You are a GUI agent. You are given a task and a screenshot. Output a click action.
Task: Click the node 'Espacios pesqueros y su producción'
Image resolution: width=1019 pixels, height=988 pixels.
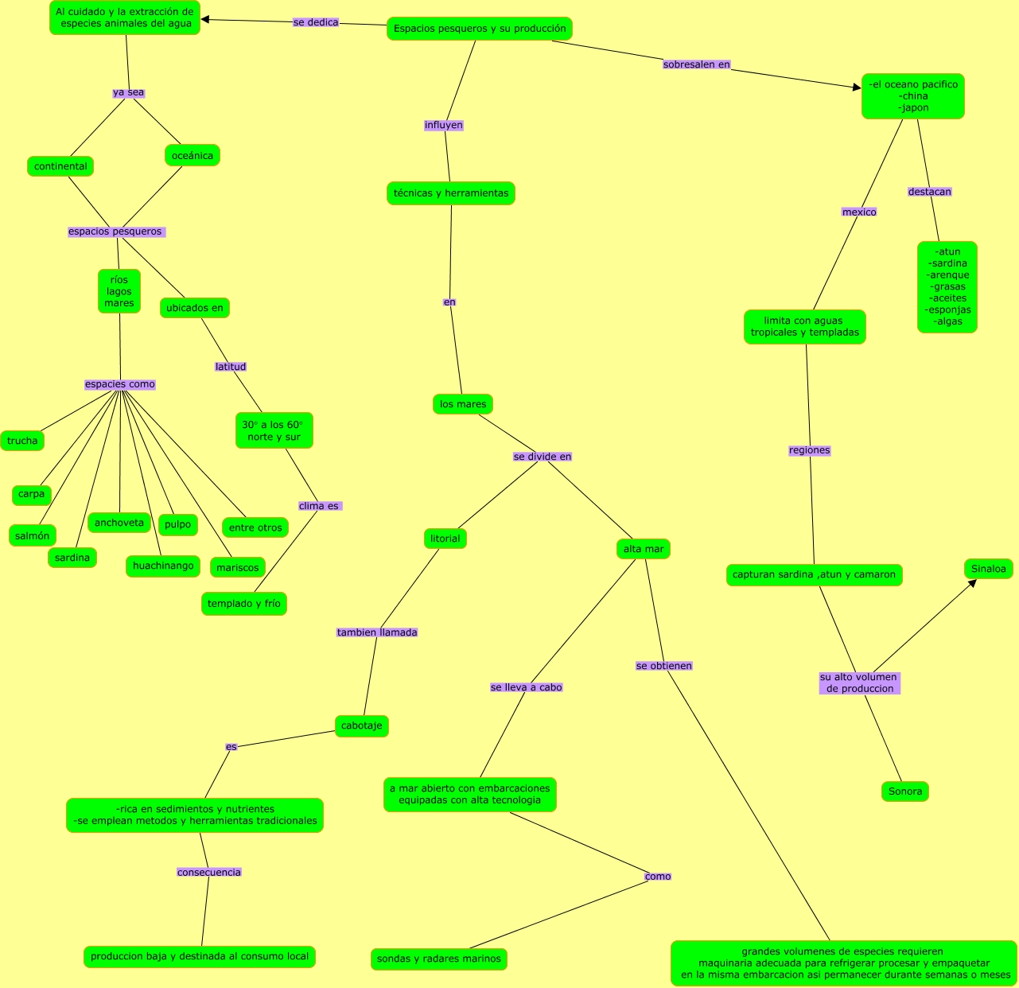point(480,29)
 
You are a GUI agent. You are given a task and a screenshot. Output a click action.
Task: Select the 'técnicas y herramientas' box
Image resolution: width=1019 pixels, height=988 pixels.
point(451,193)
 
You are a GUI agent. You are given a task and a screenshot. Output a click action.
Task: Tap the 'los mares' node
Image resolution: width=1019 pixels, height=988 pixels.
point(463,404)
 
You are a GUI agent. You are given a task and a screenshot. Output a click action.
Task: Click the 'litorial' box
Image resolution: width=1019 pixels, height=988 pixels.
point(445,539)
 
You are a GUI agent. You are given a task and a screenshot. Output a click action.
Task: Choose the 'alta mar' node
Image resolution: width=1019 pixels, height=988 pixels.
point(644,549)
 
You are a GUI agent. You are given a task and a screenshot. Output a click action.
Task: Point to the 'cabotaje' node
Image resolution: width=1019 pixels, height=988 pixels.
point(362,725)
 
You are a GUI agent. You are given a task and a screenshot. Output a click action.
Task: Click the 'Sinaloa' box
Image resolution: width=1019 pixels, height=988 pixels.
point(989,569)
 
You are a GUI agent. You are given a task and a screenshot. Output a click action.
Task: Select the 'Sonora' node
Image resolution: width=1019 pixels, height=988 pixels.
point(905,792)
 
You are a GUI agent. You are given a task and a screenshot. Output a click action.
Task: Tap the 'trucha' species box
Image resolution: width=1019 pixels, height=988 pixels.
point(22,441)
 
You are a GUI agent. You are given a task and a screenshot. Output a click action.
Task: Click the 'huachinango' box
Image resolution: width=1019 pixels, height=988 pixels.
point(163,566)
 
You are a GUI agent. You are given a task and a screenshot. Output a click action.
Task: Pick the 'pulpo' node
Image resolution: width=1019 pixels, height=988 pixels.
point(178,524)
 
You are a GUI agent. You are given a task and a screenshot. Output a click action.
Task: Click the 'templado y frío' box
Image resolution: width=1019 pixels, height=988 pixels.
point(244,604)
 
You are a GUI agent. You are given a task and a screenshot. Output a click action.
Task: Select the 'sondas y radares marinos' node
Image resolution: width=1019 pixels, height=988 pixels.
point(439,959)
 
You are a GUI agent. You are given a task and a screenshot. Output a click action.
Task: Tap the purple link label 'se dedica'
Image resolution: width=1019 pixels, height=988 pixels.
point(316,22)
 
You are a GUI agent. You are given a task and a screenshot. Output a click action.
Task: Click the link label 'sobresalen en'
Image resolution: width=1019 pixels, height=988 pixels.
point(696,64)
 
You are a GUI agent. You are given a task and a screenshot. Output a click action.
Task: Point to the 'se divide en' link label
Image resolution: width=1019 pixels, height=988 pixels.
point(543,457)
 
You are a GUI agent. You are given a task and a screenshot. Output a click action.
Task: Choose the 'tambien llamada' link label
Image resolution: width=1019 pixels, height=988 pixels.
point(377,632)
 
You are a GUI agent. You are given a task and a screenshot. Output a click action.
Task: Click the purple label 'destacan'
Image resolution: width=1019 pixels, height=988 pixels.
point(930,192)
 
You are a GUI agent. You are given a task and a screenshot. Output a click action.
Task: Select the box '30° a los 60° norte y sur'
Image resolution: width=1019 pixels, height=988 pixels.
point(274,430)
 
